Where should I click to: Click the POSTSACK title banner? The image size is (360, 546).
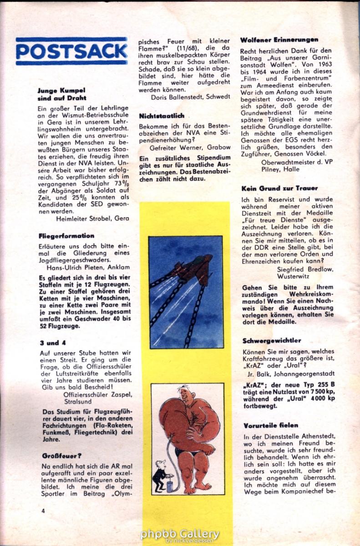pos(71,51)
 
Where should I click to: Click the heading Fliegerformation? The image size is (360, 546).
pos(66,236)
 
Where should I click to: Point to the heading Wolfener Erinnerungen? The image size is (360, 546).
pos(279,40)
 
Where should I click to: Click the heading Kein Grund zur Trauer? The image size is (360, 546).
pos(279,188)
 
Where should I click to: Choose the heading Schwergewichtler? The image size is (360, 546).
pos(272,340)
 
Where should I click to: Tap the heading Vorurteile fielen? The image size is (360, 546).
pos(270,425)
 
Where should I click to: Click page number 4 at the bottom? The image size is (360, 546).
pos(43,511)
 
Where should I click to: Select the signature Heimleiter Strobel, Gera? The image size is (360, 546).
pos(92,218)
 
